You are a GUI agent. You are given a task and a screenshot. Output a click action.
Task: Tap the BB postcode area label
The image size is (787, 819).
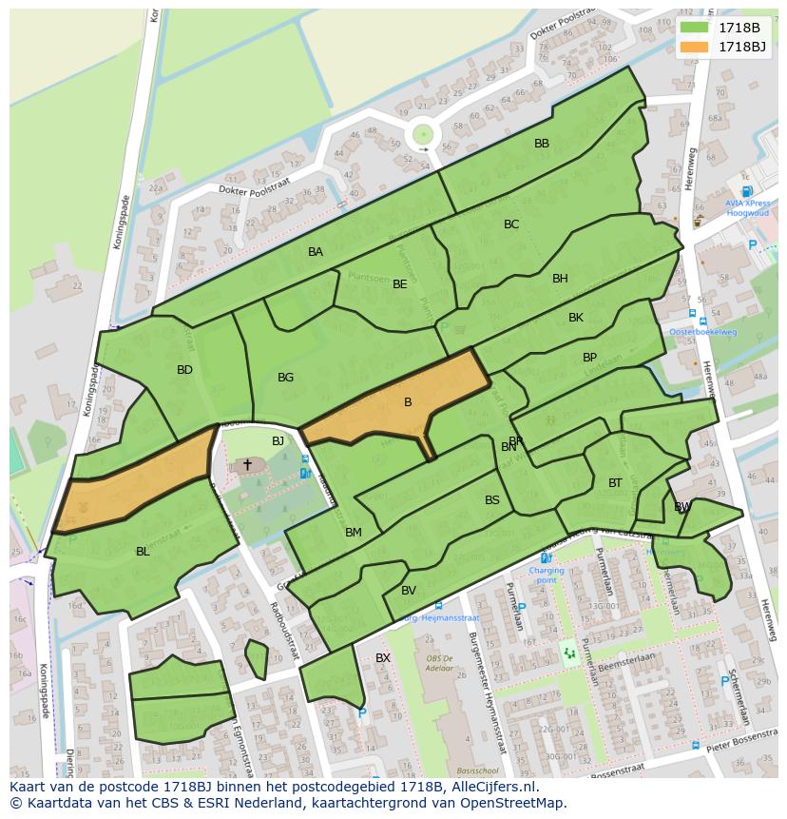(542, 144)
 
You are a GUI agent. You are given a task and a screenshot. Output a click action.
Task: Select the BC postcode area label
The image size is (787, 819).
(511, 224)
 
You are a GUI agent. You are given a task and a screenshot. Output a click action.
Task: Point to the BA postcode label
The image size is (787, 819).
(316, 252)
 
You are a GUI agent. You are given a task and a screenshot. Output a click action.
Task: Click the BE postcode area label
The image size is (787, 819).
(400, 284)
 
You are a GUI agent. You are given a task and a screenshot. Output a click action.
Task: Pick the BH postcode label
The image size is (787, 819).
(560, 279)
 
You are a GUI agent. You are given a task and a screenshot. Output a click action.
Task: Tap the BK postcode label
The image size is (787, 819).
(576, 318)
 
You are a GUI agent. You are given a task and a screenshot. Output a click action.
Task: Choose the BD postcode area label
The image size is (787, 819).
(184, 370)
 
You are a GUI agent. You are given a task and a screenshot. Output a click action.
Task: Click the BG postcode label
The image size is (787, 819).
(285, 378)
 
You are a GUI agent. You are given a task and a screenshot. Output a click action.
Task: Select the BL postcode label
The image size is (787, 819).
(143, 552)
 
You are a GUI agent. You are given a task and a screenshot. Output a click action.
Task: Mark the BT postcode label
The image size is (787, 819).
(615, 483)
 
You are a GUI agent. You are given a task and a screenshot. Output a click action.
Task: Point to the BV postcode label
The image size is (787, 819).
(409, 591)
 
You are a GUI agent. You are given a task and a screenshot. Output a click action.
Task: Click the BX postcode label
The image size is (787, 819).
(383, 658)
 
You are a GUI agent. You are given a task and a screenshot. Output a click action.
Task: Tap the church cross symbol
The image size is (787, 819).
(248, 464)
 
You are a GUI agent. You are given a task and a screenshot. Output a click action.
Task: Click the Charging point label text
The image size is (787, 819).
(547, 575)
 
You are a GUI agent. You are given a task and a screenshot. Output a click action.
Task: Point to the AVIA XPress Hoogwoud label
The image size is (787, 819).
(747, 208)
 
